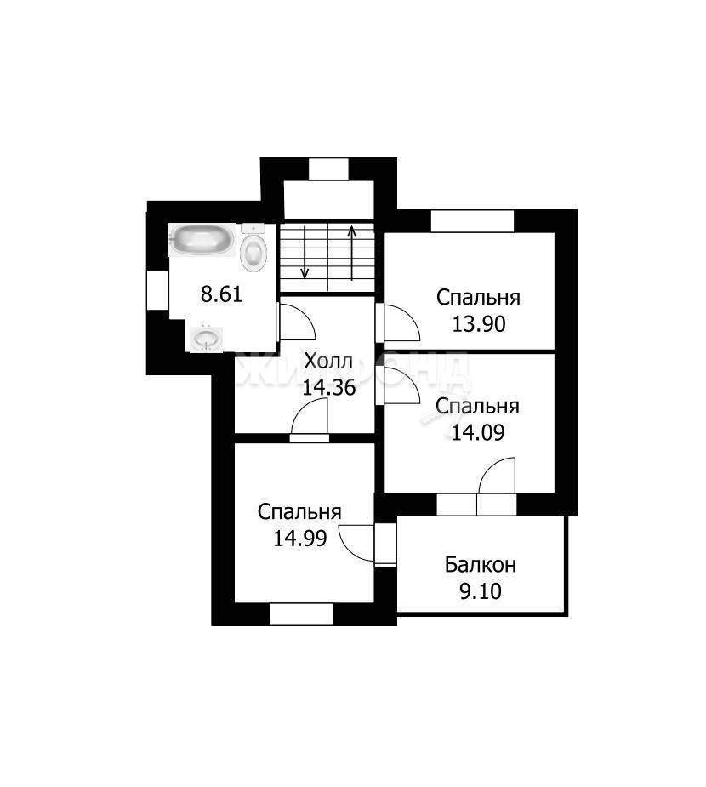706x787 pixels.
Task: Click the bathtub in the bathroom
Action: (x=202, y=240)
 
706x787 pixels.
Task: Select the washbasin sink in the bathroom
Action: (x=206, y=339)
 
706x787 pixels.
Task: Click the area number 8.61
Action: (x=221, y=294)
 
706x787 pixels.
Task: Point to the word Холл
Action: (x=328, y=361)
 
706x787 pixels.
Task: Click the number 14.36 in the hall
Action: (x=328, y=387)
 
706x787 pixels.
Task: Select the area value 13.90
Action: (x=479, y=324)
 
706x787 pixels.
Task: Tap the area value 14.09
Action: (x=478, y=432)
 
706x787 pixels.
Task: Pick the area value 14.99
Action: (x=299, y=539)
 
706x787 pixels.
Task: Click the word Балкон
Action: (x=481, y=565)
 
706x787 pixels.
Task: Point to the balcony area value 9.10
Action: (x=481, y=592)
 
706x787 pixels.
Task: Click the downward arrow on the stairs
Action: (x=304, y=252)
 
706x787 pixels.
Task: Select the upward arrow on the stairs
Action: (x=352, y=253)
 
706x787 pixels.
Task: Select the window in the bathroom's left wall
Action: (x=157, y=290)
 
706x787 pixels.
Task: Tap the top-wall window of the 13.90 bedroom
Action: (x=472, y=221)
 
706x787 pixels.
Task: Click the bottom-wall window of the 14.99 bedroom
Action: (x=302, y=614)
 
